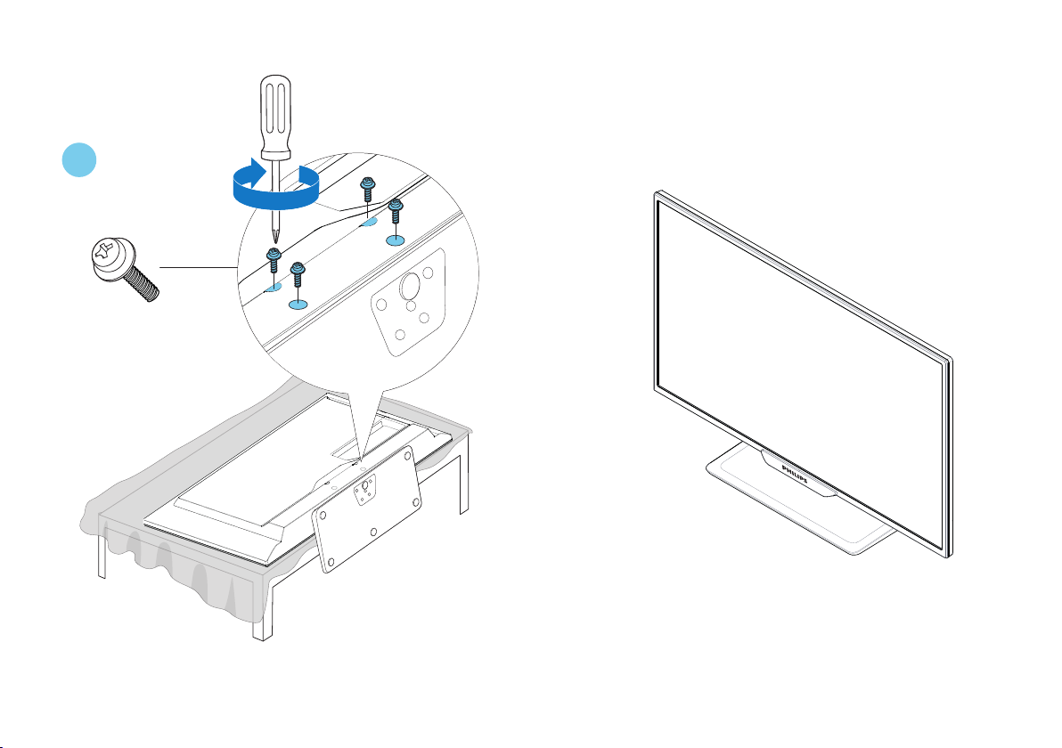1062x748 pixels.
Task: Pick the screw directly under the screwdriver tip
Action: coord(274,258)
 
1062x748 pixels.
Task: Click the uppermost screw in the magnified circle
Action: coord(366,190)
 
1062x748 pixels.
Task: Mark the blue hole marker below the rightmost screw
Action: coord(396,240)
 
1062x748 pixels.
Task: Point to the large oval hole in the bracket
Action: coord(411,286)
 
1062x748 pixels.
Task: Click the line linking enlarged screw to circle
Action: coord(198,265)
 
